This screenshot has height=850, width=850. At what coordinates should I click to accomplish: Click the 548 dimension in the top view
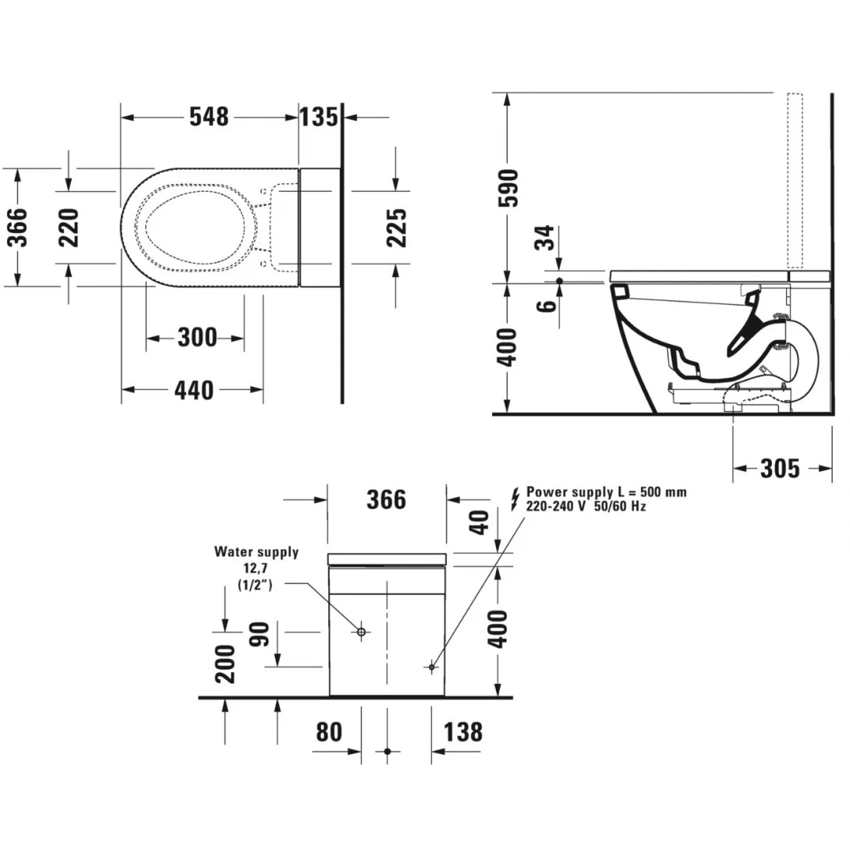click(209, 117)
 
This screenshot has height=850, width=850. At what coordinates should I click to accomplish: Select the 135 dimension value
click(320, 117)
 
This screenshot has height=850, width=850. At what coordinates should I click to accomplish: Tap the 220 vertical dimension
click(70, 226)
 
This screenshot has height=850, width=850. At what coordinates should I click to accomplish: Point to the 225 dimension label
click(398, 226)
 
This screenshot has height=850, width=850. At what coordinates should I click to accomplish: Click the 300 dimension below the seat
click(197, 338)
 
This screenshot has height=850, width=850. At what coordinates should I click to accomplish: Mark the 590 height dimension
click(508, 188)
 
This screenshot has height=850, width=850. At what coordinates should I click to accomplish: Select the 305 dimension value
click(779, 468)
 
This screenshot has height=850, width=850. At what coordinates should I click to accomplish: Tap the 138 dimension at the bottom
click(462, 732)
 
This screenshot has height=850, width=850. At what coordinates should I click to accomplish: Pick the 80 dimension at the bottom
click(329, 732)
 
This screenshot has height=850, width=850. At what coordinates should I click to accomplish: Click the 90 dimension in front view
click(261, 635)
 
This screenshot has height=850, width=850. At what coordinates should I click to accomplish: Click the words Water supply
click(257, 552)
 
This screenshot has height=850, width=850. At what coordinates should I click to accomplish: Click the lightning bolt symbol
click(514, 498)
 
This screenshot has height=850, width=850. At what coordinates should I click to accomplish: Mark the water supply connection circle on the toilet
click(361, 632)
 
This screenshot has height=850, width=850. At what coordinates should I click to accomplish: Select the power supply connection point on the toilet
click(431, 667)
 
